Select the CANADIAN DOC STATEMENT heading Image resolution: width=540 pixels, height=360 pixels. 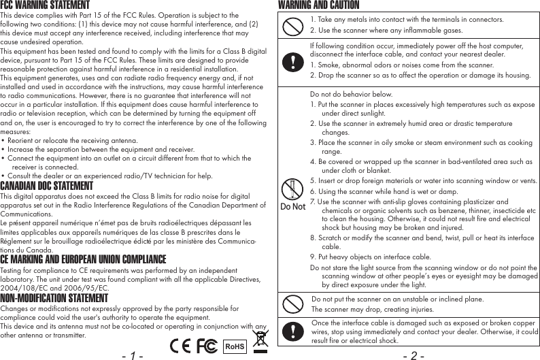[46, 186]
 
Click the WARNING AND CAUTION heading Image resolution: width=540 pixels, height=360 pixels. [319, 5]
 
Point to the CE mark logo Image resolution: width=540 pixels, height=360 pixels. [180, 345]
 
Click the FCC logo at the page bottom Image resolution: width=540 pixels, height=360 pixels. [206, 345]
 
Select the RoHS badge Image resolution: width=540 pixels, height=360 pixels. [235, 346]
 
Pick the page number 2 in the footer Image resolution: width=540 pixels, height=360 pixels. [414, 355]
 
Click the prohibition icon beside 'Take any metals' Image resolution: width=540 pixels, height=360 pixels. [292, 26]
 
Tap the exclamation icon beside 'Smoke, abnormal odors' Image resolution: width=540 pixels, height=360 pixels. [292, 60]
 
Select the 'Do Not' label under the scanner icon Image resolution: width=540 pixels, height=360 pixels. [292, 207]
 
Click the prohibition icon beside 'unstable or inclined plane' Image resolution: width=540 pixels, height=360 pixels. [292, 304]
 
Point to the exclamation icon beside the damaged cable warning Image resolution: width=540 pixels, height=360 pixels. [292, 331]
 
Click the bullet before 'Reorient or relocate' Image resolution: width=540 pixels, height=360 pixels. [3, 141]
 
